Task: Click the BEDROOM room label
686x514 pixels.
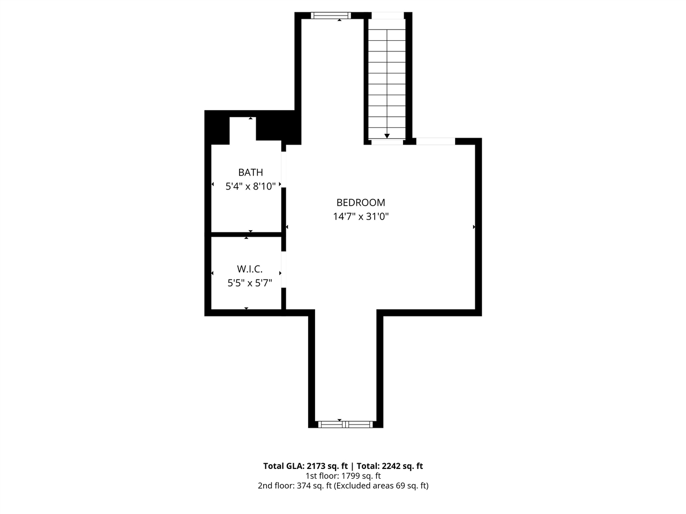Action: [360, 202]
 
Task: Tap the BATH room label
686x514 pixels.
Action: [250, 172]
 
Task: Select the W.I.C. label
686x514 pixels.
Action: [249, 269]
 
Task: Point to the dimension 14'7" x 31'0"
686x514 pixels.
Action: [360, 216]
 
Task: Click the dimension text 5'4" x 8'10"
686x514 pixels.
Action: [250, 186]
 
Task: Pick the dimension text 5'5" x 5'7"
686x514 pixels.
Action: [249, 283]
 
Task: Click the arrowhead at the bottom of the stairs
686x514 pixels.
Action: [386, 136]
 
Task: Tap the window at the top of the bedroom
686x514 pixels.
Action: [331, 16]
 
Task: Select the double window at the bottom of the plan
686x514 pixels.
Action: [345, 424]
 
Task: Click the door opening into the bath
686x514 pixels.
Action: [284, 170]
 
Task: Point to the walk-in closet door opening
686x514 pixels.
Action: [284, 269]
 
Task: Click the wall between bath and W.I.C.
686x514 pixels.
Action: [247, 235]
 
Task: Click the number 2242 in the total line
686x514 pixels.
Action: [391, 466]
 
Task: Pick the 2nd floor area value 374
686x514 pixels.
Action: [303, 486]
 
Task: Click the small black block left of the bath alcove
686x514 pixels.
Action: [217, 128]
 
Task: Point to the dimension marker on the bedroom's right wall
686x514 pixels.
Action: [474, 227]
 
